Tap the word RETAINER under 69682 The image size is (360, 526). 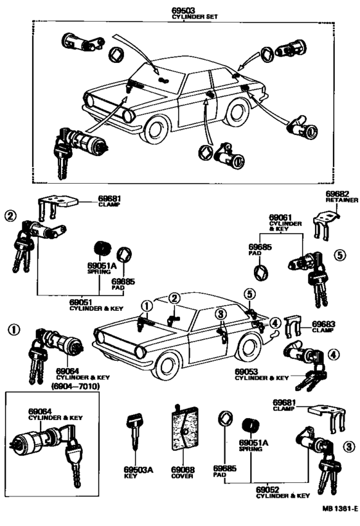341,200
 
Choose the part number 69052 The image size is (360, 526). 273,489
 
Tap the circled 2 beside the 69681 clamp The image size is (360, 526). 9,216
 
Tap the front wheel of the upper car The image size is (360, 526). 156,130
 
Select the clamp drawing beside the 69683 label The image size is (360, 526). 293,329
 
